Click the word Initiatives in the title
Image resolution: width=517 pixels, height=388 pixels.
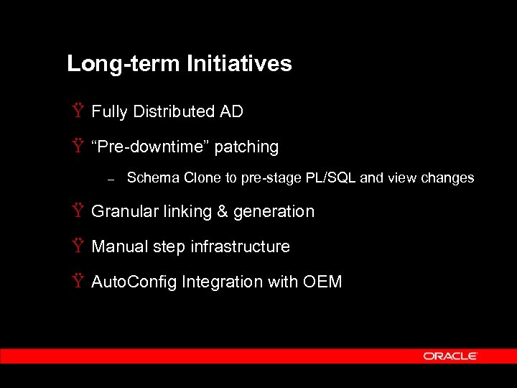click(x=239, y=64)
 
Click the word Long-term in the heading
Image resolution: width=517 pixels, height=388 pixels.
click(x=124, y=64)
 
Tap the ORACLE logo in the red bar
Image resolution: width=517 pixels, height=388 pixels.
click(x=450, y=356)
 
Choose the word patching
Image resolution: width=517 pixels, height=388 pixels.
click(x=246, y=147)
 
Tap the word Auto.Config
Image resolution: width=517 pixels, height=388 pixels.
click(x=134, y=282)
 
